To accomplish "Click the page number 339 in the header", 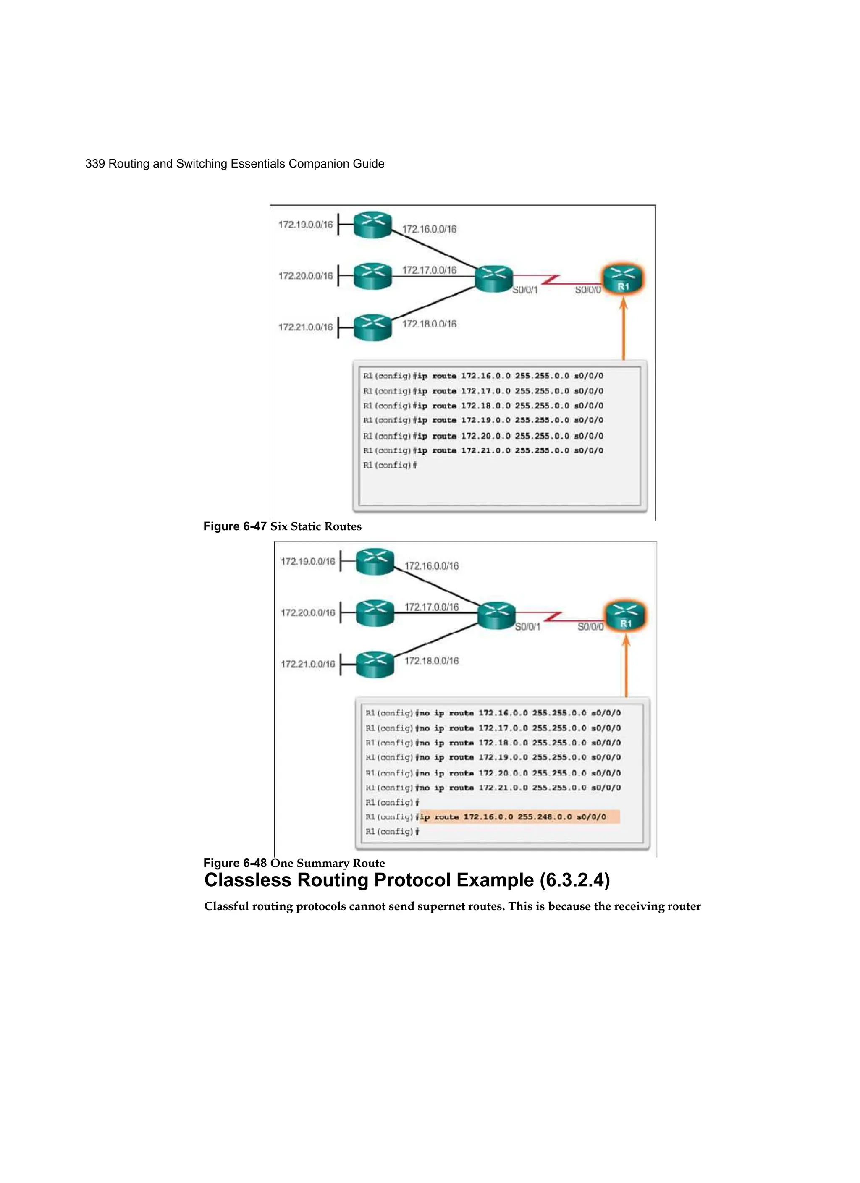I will [x=95, y=164].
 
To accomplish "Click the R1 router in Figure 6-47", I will [x=623, y=279].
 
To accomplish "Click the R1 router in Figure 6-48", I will [x=625, y=616].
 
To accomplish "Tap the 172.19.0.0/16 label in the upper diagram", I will [x=305, y=225].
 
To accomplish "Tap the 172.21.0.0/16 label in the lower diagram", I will [x=308, y=664].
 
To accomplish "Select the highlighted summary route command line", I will [x=520, y=817].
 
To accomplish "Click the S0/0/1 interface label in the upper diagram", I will [x=524, y=290].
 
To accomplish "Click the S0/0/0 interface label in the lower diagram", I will [x=590, y=627].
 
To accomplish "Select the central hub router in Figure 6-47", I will [x=493, y=279].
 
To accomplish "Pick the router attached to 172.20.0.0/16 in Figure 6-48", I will [x=375, y=613].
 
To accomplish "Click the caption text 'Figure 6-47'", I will [x=235, y=526].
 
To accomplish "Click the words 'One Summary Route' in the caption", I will [x=327, y=863].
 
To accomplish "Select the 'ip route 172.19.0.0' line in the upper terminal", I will [x=483, y=420].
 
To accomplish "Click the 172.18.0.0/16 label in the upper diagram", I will [x=429, y=324].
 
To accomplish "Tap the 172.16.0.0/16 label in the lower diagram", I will [x=432, y=566].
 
